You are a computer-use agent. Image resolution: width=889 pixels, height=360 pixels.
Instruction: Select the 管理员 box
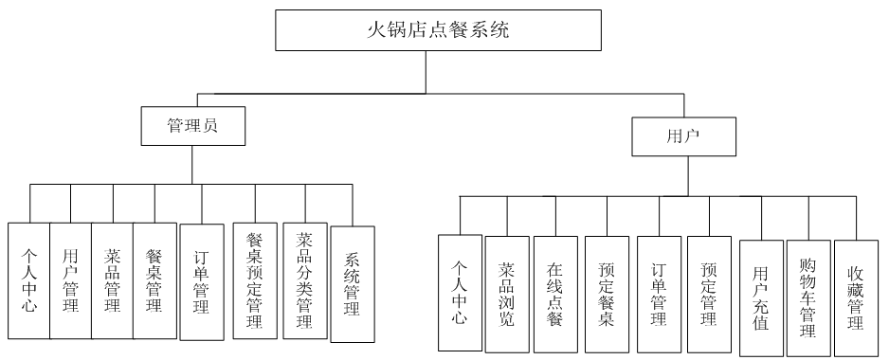coord(192,125)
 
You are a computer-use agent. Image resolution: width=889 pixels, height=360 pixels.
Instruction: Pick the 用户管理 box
coord(70,280)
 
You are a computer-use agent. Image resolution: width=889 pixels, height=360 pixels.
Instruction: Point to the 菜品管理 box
coord(113,280)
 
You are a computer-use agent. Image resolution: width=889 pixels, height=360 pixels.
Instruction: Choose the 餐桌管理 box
coord(154,280)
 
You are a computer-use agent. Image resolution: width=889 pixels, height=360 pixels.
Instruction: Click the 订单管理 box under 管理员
coord(201,283)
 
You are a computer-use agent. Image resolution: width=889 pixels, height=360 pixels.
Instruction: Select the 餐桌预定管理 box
coord(255,281)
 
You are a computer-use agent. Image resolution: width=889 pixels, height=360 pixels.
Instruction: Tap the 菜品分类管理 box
coord(304,281)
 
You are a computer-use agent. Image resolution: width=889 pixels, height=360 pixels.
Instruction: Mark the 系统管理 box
coord(352,283)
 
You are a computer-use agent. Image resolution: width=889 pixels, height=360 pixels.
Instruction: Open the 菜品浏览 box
coord(507,294)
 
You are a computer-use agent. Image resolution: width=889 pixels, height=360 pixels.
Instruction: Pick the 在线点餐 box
coord(555,294)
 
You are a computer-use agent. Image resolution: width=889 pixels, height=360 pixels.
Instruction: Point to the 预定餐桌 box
coord(607,294)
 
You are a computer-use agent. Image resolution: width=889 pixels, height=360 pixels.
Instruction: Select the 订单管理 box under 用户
coord(660,294)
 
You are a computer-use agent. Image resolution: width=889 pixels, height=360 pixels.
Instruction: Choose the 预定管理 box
coord(710,294)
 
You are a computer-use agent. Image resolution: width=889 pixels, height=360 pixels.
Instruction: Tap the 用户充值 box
coord(760,298)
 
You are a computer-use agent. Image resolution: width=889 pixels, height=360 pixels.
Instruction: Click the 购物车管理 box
coord(808,298)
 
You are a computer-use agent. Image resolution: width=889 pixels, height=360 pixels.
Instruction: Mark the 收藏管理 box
coord(856,298)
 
